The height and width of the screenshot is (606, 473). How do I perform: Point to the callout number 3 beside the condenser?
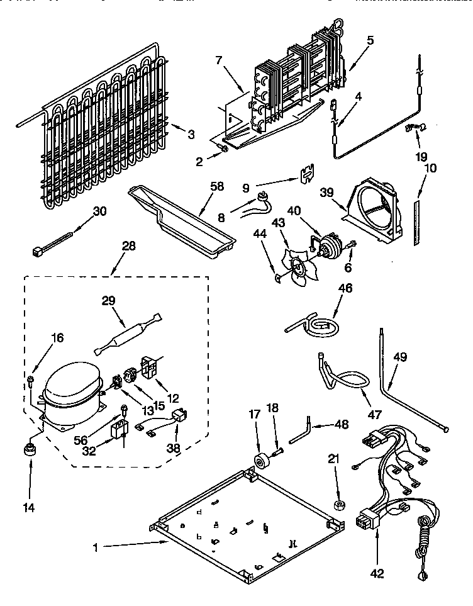[x=191, y=134]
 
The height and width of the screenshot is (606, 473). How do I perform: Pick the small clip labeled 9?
[x=306, y=172]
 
